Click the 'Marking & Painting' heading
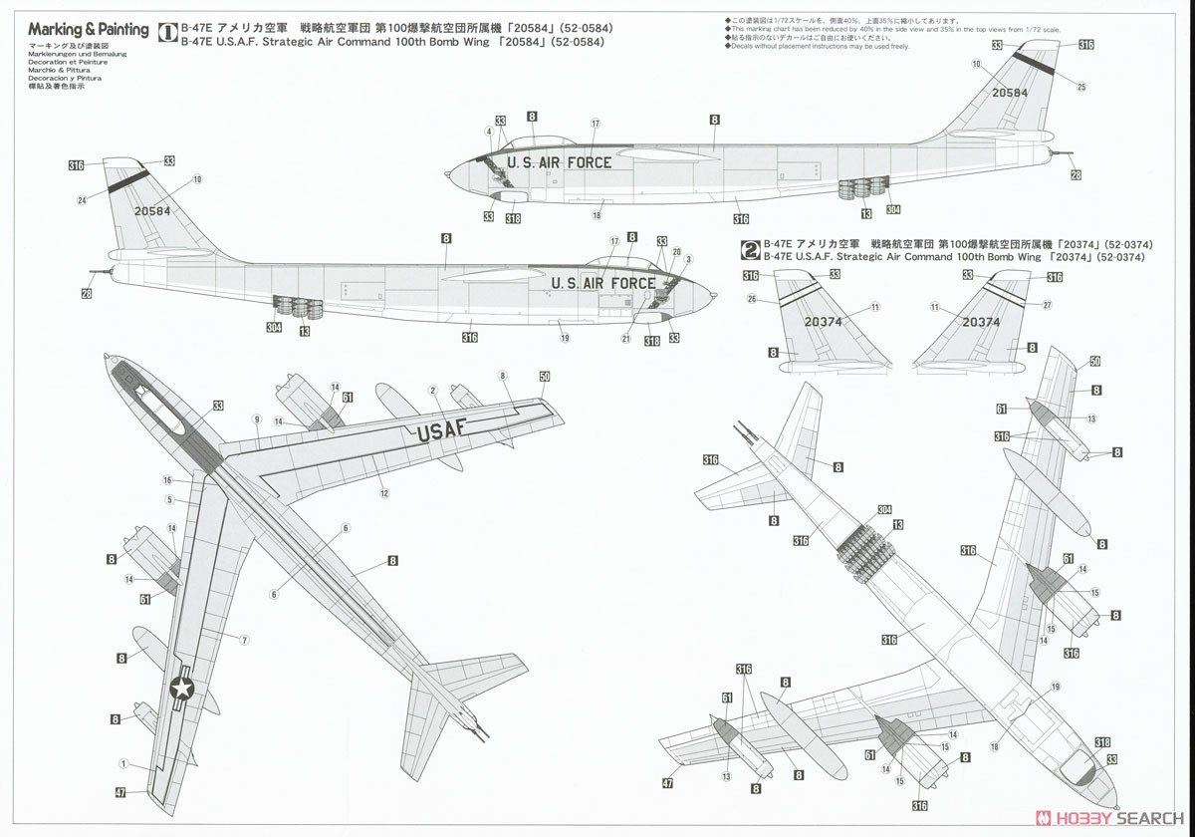pyautogui.click(x=88, y=30)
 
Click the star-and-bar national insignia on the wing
pyautogui.click(x=181, y=688)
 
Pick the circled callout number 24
pyautogui.click(x=83, y=200)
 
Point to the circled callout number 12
pyautogui.click(x=383, y=493)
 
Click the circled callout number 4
pyautogui.click(x=489, y=132)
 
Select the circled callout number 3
pyautogui.click(x=688, y=259)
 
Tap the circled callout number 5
pyautogui.click(x=169, y=499)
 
